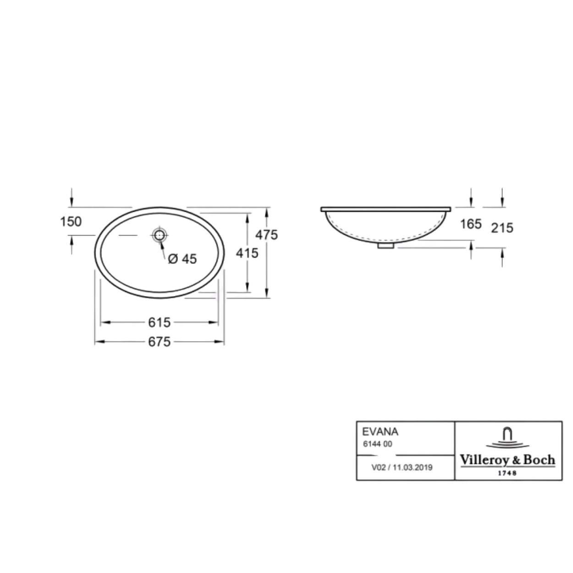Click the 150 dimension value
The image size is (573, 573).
pos(71,221)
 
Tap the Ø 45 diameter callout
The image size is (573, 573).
pos(182,259)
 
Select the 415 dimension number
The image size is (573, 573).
pos(247,253)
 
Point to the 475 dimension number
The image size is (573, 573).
pos(266,235)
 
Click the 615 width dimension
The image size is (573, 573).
pos(160,322)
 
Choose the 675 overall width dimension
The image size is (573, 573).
pos(160,342)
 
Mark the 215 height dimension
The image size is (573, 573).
pos(502,228)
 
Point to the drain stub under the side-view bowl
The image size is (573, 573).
pos(386,245)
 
